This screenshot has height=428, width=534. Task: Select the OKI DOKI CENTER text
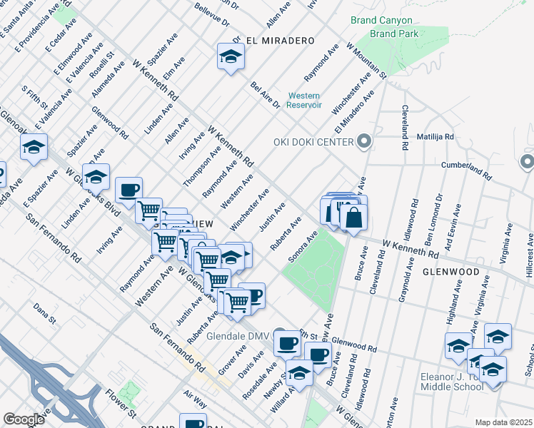[x=313, y=142]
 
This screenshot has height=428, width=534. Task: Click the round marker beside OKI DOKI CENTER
[x=364, y=141]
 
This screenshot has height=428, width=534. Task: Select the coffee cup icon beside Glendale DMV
[x=287, y=342]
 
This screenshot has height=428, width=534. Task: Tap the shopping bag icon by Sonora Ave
[x=353, y=216]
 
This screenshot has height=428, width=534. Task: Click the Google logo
[x=24, y=419]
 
